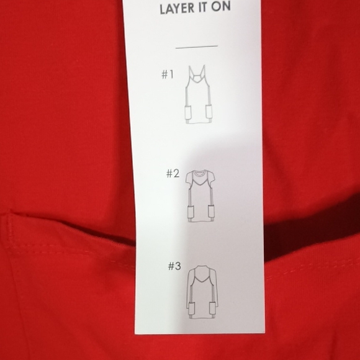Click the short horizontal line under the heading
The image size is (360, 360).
pos(196,46)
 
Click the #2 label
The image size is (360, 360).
pos(172,174)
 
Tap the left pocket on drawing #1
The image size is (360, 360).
pos(189,114)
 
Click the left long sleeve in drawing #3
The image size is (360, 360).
pos(187,292)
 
